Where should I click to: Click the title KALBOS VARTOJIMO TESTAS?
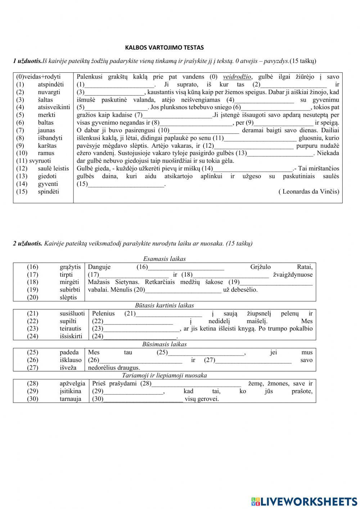[164, 47]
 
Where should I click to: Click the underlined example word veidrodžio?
[237, 77]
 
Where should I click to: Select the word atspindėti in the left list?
[51, 84]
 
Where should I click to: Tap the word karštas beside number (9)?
[47, 146]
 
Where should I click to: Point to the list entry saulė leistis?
[53, 168]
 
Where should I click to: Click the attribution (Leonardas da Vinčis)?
[309, 192]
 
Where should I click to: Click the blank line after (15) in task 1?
[126, 184]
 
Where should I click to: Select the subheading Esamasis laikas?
[164, 259]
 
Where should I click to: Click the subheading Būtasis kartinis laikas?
[164, 305]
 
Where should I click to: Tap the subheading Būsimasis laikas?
[164, 344]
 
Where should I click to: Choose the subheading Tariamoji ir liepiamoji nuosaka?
[164, 375]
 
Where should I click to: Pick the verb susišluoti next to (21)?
[72, 313]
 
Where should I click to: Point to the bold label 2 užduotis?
[28, 244]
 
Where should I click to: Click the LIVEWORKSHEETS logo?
[304, 501]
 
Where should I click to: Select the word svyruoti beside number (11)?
[40, 161]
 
